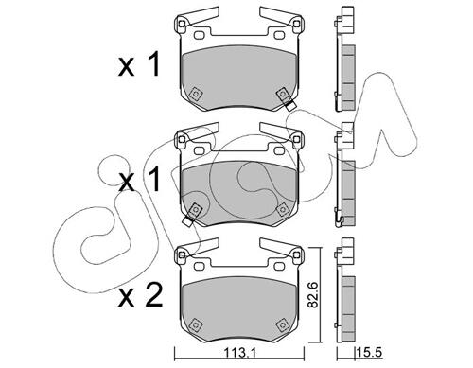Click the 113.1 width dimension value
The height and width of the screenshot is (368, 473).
tap(239, 352)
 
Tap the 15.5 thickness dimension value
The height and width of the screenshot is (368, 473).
tap(370, 352)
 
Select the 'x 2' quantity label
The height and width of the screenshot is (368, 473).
tap(141, 294)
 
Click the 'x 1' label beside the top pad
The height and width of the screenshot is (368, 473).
tap(139, 64)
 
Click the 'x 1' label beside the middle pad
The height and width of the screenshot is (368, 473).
tap(139, 180)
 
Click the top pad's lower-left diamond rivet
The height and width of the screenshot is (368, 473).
tap(196, 94)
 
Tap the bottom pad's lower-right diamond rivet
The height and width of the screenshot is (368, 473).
tap(282, 324)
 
